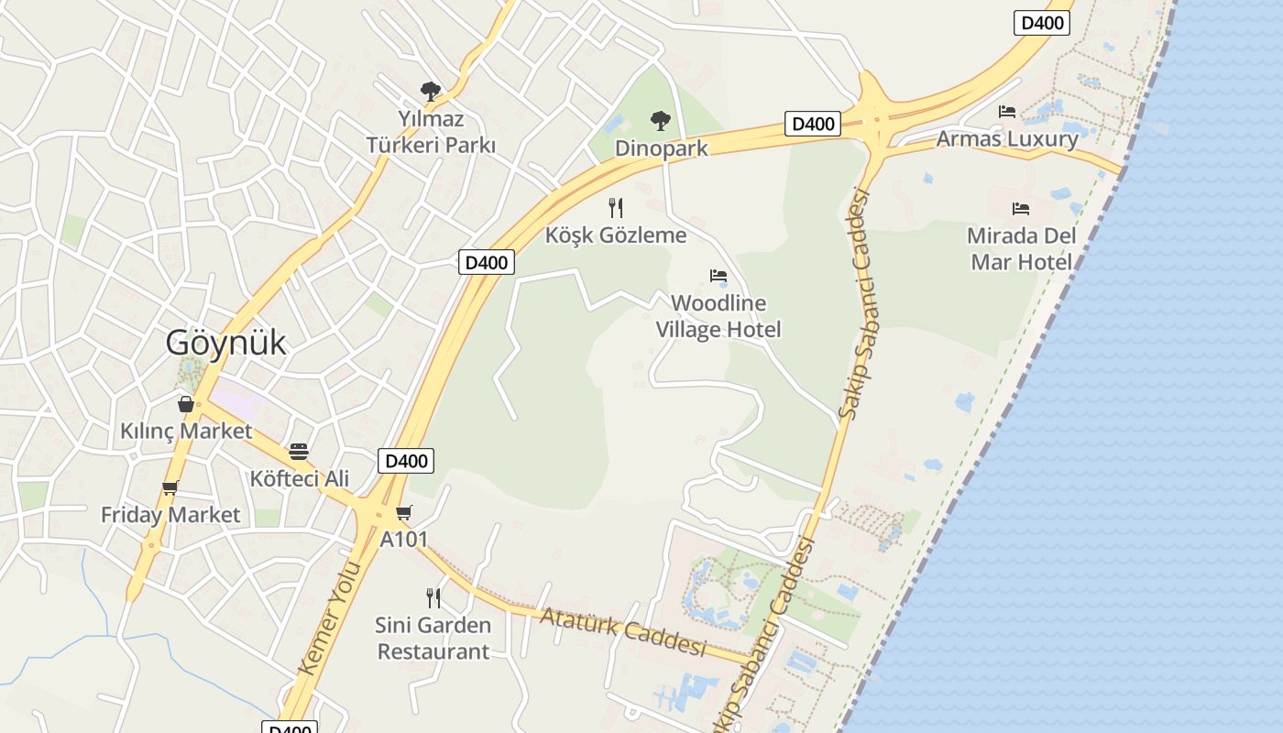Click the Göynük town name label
[x=225, y=343]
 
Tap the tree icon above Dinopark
[x=660, y=120]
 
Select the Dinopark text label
[x=661, y=148]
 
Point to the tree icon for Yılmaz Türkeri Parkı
[x=430, y=91]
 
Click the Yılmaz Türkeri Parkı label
[x=431, y=132]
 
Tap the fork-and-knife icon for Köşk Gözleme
[x=616, y=208]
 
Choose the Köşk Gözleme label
[x=616, y=235]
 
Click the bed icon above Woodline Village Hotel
[x=718, y=276]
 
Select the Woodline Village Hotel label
[x=718, y=316]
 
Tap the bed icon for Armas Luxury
[x=1007, y=112]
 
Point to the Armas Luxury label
[x=1007, y=139]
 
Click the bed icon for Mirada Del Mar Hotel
[x=1021, y=209]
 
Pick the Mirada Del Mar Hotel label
[x=1021, y=248]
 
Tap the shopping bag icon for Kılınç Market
[x=186, y=404]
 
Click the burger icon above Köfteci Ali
[x=299, y=452]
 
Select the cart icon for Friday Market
[x=170, y=488]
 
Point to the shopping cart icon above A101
[x=404, y=512]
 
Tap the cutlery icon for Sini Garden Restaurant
[x=433, y=598]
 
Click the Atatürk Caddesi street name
[x=623, y=631]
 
